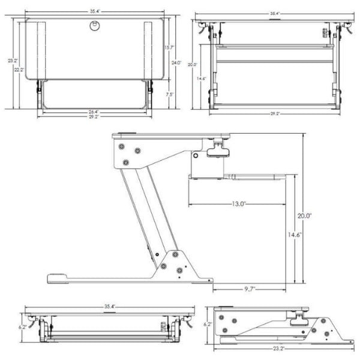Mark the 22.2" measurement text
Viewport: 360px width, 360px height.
(x=20, y=70)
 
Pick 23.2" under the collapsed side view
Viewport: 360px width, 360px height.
(x=278, y=348)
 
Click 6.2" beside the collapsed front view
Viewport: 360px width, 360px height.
(x=23, y=328)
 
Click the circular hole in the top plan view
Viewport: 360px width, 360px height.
(x=94, y=25)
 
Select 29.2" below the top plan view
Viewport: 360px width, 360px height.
(x=94, y=116)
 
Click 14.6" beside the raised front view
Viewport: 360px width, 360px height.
(x=202, y=78)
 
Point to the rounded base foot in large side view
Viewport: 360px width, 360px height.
(x=58, y=278)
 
